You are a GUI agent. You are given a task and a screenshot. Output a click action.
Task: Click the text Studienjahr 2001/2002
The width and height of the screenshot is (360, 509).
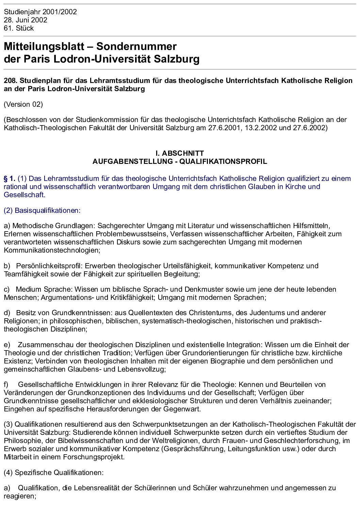pyautogui.click(x=40, y=12)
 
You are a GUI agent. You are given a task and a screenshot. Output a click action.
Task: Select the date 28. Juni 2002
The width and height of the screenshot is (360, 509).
pyautogui.click(x=26, y=20)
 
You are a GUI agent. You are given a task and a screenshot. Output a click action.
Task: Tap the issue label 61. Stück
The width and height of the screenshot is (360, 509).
pyautogui.click(x=19, y=28)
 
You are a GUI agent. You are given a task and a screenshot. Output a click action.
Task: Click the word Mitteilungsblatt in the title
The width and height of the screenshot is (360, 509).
pyautogui.click(x=46, y=47)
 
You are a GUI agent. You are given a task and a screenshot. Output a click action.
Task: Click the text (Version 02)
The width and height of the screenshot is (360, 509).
pyautogui.click(x=23, y=104)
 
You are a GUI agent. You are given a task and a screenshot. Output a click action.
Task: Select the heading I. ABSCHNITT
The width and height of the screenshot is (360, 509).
pyautogui.click(x=180, y=153)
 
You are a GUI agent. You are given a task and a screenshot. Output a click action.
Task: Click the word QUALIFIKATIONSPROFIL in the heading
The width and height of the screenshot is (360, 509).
pyautogui.click(x=223, y=162)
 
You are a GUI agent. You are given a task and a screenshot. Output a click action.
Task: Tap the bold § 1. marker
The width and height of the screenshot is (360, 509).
pyautogui.click(x=10, y=179)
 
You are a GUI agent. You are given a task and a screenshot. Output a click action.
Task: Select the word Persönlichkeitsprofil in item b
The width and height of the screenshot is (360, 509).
pyautogui.click(x=48, y=266)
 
